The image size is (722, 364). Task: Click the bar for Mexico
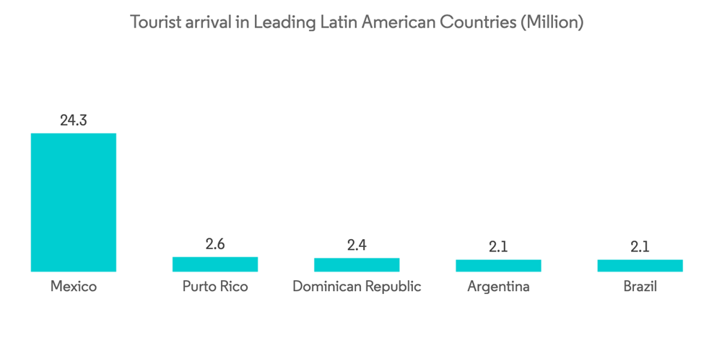73,202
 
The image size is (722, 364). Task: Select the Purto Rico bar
214,264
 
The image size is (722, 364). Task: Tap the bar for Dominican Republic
357,265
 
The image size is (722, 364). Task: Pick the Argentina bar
498,266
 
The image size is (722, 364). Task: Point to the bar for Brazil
640,266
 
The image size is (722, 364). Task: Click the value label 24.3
73,121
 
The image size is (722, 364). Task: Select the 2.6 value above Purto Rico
214,244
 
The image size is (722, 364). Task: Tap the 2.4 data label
357,246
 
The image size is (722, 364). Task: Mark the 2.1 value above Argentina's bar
498,247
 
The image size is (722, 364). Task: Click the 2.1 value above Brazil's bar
640,247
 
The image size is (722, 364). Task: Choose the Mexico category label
73,287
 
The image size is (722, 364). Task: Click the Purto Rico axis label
214,287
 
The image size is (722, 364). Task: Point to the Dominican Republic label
357,287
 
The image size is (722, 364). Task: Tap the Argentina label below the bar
498,287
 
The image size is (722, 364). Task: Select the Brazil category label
640,287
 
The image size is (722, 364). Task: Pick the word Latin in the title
339,22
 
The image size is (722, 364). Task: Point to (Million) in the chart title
552,23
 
